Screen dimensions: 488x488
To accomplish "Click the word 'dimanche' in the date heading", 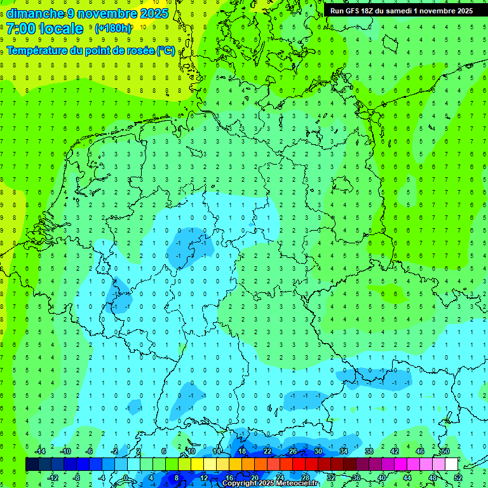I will pyautogui.click(x=31, y=13).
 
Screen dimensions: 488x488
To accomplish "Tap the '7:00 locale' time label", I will pyautogui.click(x=45, y=29).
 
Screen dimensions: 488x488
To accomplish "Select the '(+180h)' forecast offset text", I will pyautogui.click(x=113, y=29).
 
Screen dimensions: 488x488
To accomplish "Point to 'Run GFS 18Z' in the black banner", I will pyautogui.click(x=353, y=11).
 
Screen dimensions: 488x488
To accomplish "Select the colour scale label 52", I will pyautogui.click(x=458, y=477).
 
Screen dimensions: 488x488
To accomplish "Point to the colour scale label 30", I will pyautogui.click(x=318, y=451).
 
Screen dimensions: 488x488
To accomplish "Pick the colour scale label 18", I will pyautogui.click(x=242, y=451).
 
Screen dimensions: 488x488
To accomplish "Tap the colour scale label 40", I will pyautogui.click(x=382, y=477).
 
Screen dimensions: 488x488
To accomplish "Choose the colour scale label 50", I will pyautogui.click(x=445, y=451).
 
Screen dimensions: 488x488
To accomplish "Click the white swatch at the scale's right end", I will pyautogui.click(x=451, y=464).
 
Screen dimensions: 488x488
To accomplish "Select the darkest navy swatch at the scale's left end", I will pyautogui.click(x=32, y=464).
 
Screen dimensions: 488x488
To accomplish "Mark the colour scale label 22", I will pyautogui.click(x=268, y=451).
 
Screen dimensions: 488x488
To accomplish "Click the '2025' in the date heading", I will pyautogui.click(x=154, y=13).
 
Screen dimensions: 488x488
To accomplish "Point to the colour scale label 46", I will pyautogui.click(x=420, y=451).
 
